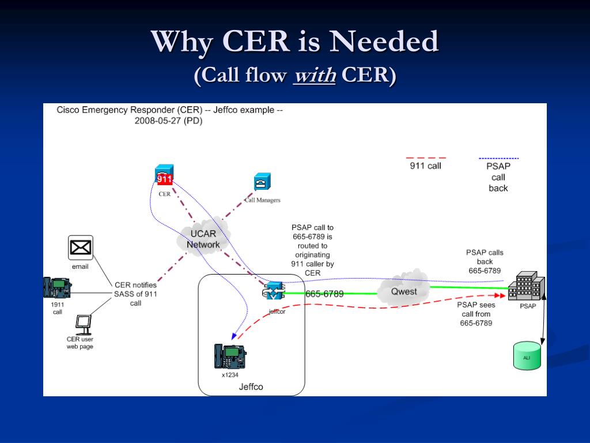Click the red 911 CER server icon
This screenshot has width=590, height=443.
tap(164, 175)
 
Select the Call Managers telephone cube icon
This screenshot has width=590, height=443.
tap(262, 182)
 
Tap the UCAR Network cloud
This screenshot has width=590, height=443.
tap(203, 236)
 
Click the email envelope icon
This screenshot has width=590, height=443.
tap(81, 248)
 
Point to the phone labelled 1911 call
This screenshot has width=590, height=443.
tap(57, 288)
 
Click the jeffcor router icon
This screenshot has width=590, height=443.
tap(274, 291)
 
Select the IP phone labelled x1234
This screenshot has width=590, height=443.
tap(230, 356)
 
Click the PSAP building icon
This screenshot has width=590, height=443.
tap(527, 286)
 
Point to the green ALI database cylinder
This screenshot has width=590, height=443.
tap(527, 355)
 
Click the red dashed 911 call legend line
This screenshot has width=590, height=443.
tap(426, 158)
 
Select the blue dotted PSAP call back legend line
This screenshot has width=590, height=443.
tap(498, 159)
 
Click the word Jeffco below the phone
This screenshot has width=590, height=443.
tap(251, 387)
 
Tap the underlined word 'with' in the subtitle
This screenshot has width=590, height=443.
tap(315, 74)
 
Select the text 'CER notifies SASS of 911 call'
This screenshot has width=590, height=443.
tap(135, 294)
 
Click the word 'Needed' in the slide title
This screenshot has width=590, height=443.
tap(384, 41)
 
